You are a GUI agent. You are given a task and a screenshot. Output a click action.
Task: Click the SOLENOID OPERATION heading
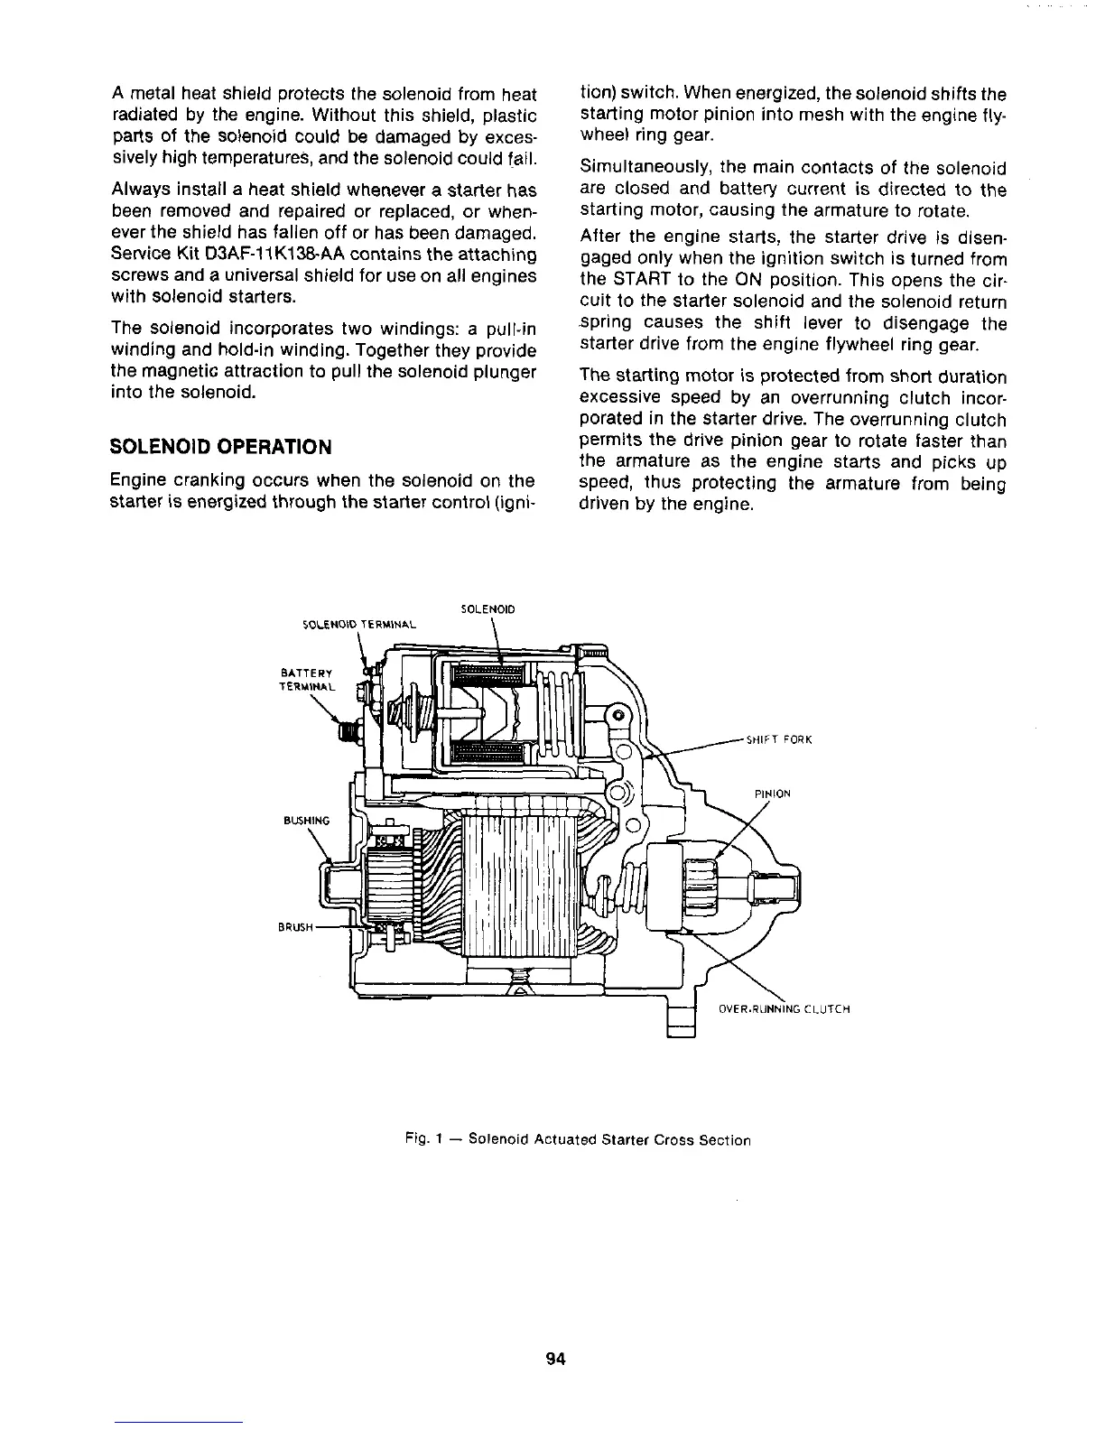coord(220,447)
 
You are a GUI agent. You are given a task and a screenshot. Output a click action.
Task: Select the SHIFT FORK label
coord(780,740)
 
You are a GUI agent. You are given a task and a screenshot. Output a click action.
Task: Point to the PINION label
coord(772,794)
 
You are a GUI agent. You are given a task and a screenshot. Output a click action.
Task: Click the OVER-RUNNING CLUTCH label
coord(785,1008)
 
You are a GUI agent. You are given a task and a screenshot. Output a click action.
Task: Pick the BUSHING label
coord(307,822)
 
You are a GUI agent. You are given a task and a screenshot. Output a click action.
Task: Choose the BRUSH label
coord(297,927)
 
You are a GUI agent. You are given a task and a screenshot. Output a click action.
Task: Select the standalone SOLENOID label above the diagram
coord(487,609)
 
